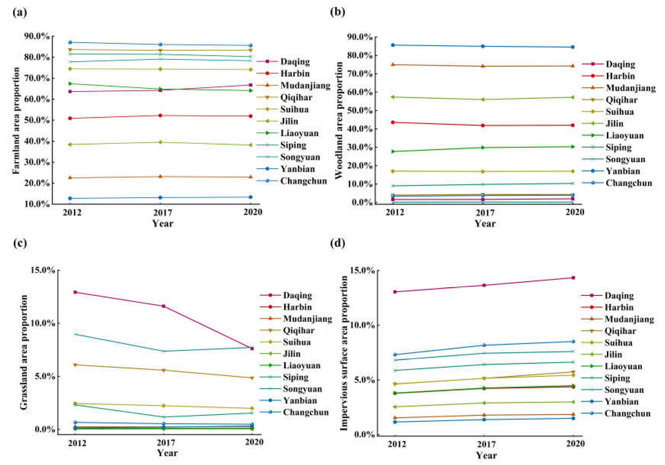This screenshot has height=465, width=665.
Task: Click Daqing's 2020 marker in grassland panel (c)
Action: click(x=252, y=348)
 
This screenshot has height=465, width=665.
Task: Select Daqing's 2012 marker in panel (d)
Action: click(x=395, y=292)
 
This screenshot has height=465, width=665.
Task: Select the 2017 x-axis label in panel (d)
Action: click(x=485, y=444)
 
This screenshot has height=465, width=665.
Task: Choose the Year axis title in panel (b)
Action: click(x=485, y=223)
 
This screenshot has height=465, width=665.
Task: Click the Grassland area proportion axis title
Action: click(x=24, y=352)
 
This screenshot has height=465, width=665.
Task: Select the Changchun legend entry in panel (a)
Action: click(x=303, y=181)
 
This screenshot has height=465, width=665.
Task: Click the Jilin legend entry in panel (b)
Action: click(x=614, y=124)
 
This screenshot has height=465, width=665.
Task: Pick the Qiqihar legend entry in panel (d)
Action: click(x=620, y=331)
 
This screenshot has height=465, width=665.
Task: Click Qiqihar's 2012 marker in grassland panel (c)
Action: click(x=75, y=365)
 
